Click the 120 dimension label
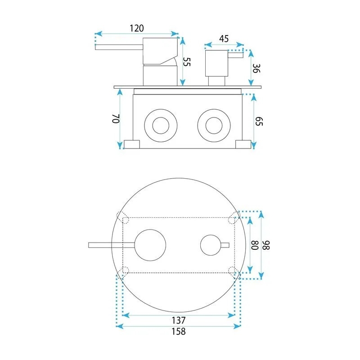pos(137,28)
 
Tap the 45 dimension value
pos(224,39)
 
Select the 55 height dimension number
pos(187,62)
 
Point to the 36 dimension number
pos(256,68)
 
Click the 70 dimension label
pos(116,118)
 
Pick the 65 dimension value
pos(259,121)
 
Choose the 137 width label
pos(179,320)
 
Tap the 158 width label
pos(179,331)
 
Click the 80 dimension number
pos(255,245)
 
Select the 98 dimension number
pos(266,245)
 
